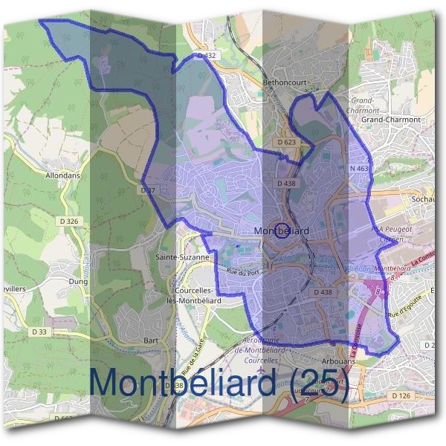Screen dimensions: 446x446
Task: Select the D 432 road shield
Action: pos(206,56)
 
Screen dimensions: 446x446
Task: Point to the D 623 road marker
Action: pos(286,141)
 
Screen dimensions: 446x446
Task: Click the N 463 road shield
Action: pos(359,169)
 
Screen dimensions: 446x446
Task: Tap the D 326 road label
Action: pos(67,222)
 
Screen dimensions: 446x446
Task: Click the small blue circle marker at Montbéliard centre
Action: pos(282,230)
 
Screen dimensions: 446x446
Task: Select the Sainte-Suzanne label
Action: pos(182,256)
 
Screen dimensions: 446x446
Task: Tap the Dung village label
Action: pos(77,282)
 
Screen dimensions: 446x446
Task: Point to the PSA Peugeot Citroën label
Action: pos(390,236)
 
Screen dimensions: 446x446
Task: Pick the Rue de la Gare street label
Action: pos(191,356)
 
